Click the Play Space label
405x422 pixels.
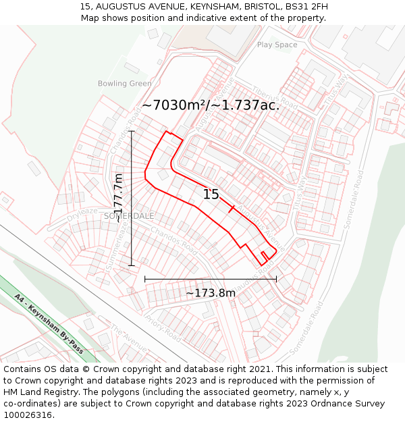pos(277,45)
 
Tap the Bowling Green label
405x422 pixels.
pos(124,84)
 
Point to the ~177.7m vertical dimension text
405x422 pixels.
pos(118,198)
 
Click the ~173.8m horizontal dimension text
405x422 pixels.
pos(211,292)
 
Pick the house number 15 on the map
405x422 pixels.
pos(211,194)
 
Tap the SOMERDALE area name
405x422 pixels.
pos(129,215)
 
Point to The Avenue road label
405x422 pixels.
pos(128,338)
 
